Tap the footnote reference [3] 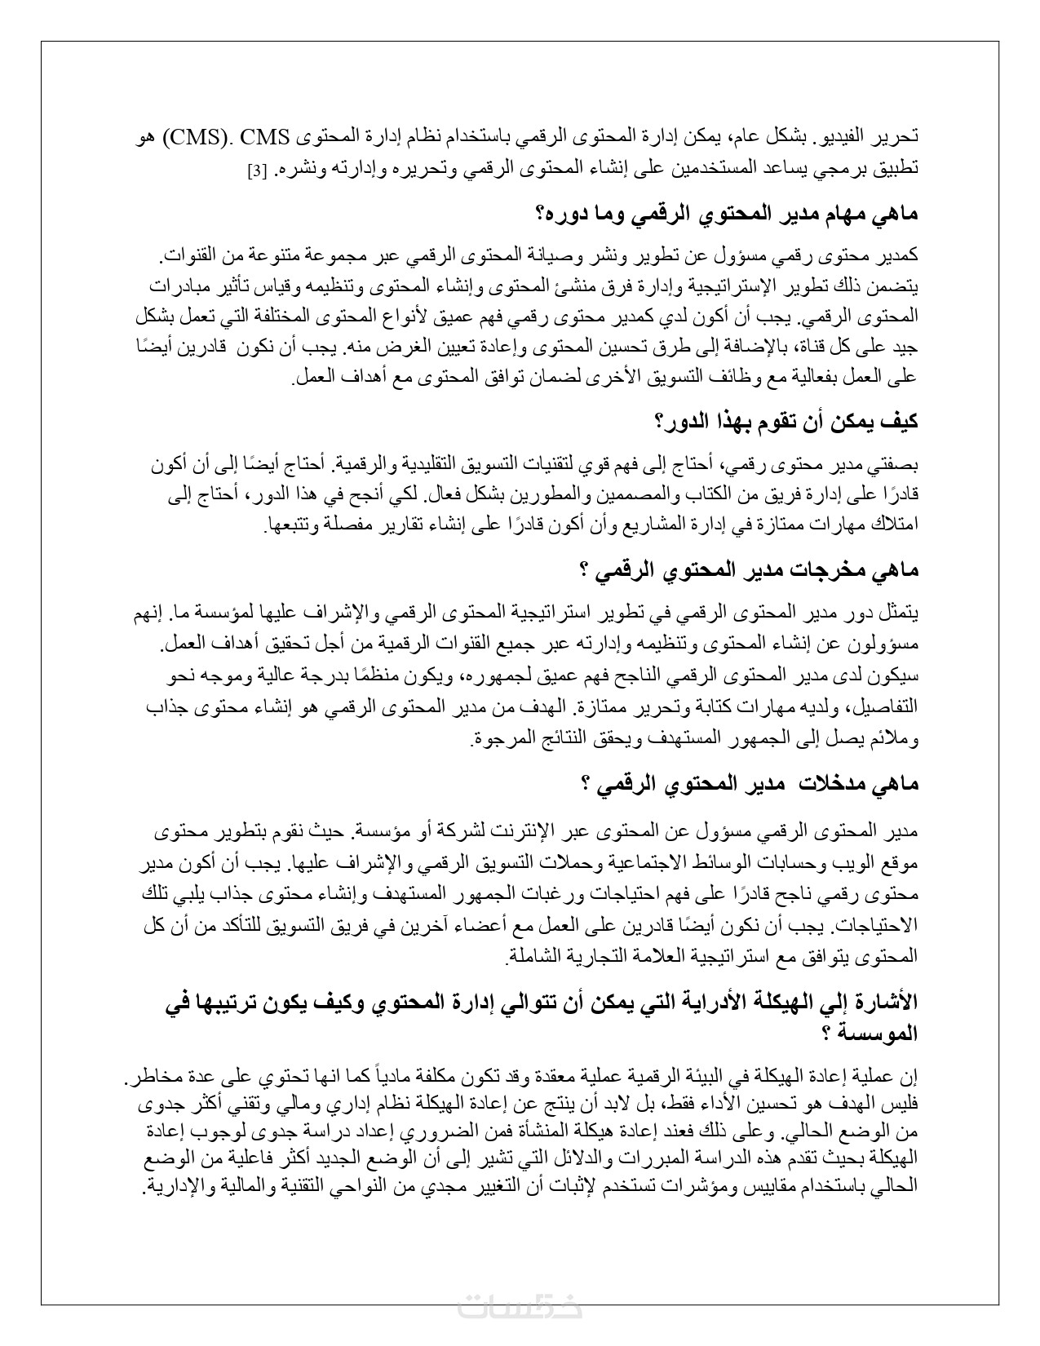pos(255,172)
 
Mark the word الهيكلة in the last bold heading pos(745,1003)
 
